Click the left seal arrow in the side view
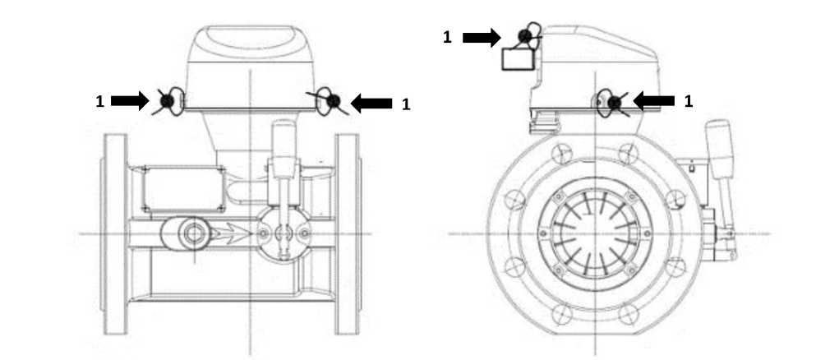click(x=130, y=100)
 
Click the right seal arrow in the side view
click(x=371, y=103)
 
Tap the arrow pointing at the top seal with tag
click(x=482, y=37)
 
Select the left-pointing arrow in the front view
click(x=653, y=100)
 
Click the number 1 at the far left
click(x=100, y=101)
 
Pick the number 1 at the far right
click(x=688, y=101)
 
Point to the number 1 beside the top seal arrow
click(x=447, y=37)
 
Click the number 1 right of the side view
click(x=406, y=104)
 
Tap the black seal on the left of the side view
click(x=167, y=101)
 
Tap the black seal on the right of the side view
click(x=333, y=100)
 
